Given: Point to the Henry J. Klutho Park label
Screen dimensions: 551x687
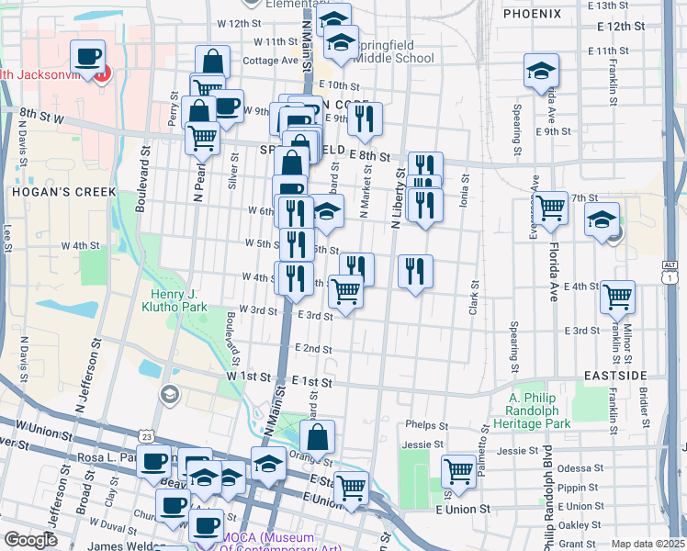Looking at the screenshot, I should tap(181, 299).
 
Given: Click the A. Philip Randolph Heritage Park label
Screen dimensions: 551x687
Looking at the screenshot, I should tap(540, 410).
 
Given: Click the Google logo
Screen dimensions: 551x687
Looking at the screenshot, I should tap(30, 540).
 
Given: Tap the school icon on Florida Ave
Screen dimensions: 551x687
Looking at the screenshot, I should tap(541, 70).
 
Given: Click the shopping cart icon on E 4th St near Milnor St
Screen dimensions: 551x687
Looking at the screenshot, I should tap(618, 297).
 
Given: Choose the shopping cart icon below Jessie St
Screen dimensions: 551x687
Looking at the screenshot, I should tap(458, 472).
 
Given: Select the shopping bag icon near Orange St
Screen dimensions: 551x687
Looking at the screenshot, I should tap(317, 437).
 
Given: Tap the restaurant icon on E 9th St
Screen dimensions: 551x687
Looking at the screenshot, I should tap(366, 118).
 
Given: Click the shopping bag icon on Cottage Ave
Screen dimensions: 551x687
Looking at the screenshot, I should tap(212, 62).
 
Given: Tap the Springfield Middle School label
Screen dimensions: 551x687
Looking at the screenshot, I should tap(390, 51).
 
